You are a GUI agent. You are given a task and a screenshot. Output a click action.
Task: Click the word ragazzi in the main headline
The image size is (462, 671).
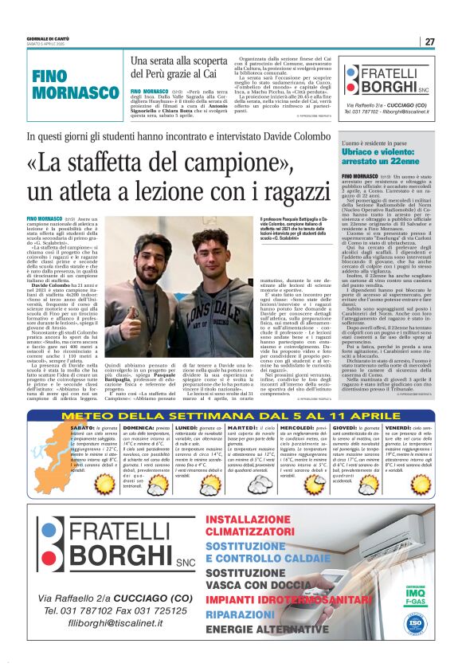[x=263, y=192]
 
